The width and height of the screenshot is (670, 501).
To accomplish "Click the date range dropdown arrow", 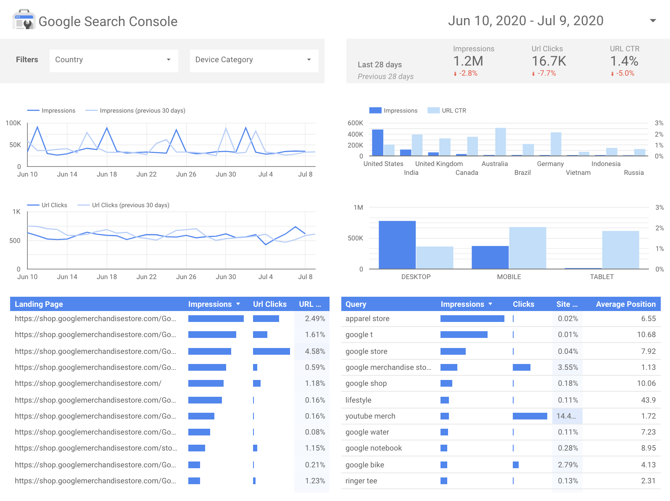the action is click(653, 21).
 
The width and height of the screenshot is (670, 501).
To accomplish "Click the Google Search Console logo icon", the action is click(24, 19).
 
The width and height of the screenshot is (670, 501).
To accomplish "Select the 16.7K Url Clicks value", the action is click(549, 61).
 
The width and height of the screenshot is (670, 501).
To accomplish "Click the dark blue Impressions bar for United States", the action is click(377, 143).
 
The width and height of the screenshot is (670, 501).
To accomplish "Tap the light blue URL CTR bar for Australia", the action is click(501, 142).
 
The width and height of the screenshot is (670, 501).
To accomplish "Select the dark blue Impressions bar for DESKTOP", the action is click(397, 245).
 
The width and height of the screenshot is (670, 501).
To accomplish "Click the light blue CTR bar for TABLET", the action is click(620, 250).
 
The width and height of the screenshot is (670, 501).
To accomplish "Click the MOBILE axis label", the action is click(509, 277).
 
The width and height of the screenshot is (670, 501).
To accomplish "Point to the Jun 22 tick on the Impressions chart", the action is click(147, 174).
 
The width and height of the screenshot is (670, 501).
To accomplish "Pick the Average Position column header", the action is click(626, 304).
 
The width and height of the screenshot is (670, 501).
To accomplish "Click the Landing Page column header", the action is click(39, 304).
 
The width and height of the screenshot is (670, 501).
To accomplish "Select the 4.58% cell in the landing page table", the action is click(315, 351).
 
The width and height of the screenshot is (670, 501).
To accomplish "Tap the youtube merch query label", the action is click(370, 416).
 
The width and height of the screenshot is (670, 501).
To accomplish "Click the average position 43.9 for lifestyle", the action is click(648, 400).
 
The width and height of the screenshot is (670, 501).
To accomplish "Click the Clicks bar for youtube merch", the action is click(530, 416).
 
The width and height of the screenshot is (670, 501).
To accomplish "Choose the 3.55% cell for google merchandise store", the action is click(568, 367).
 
